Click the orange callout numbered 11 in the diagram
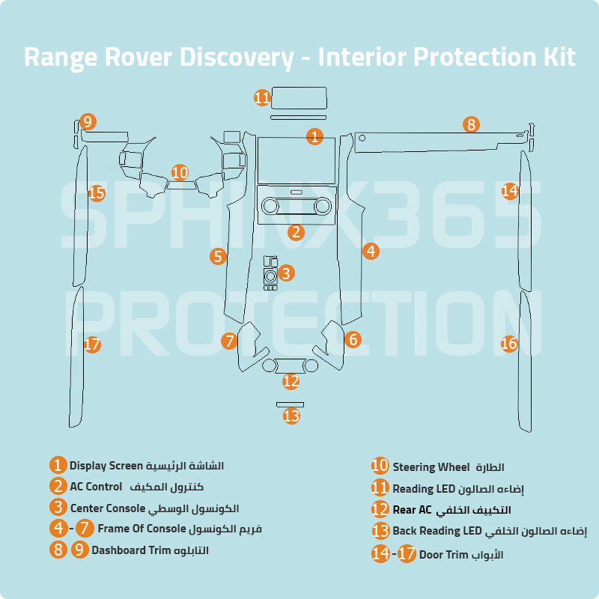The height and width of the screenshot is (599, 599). coord(261,97)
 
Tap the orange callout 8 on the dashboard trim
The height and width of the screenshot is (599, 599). coord(470,124)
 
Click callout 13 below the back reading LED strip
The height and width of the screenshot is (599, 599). coord(291,416)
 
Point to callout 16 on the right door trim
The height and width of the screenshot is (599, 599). coord(509,344)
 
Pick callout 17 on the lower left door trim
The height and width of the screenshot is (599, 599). coord(92,344)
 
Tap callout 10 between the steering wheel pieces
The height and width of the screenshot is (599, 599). coord(180,173)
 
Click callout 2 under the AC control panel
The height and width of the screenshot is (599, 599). coord(297,232)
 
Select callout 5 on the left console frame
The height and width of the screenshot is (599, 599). coord(218,257)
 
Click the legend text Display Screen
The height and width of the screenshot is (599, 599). coord(106,466)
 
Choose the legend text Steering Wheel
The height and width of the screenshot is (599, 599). coord(431,467)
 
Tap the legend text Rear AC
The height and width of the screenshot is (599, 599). coord(412,510)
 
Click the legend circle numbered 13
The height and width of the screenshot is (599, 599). coord(380,532)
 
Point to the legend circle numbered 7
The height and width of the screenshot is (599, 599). coord(85,529)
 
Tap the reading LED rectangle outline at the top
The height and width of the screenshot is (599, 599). coord(299,98)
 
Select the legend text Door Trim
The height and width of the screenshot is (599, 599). coord(443,555)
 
